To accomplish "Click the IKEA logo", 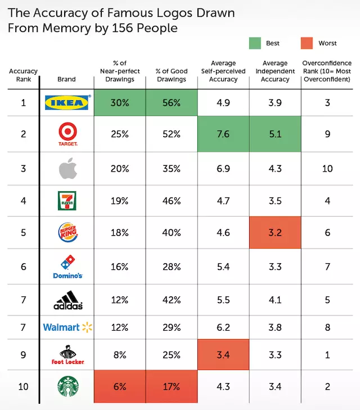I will [x=66, y=102].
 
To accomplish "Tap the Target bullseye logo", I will [x=66, y=134].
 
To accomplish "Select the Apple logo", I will [x=66, y=168].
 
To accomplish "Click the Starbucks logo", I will [x=66, y=386].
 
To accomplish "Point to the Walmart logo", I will [x=66, y=327].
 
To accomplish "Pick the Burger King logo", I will [x=66, y=232].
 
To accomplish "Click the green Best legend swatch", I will [x=257, y=43].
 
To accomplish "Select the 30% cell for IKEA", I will [x=120, y=102].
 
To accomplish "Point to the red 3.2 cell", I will [x=276, y=232].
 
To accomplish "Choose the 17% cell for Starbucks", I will [x=172, y=386].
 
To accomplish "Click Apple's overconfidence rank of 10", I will [x=327, y=168].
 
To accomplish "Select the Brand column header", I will [x=66, y=79].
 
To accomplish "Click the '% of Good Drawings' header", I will [x=171, y=75].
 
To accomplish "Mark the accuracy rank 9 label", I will [x=23, y=355].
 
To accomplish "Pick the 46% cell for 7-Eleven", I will [x=172, y=200].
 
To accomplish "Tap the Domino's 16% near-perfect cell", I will [x=120, y=266].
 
